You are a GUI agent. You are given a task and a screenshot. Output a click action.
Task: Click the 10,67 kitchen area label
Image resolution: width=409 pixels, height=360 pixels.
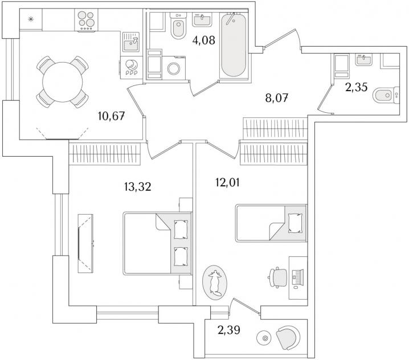(112, 116)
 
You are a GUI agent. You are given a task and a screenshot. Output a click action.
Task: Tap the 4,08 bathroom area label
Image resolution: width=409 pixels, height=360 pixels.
(204, 40)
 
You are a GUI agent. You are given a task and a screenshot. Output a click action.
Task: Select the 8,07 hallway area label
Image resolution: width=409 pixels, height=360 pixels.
(277, 99)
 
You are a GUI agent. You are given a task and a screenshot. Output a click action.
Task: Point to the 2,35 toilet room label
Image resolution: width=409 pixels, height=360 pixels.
(357, 87)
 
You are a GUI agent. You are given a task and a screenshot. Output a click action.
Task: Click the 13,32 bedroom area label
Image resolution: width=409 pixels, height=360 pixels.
(138, 187)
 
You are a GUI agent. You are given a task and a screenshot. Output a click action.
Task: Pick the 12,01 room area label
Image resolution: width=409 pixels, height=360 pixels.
(227, 182)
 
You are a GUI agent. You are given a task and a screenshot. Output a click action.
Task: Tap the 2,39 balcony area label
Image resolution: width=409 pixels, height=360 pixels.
(229, 330)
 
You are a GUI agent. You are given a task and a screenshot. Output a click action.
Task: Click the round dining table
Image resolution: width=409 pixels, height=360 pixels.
(62, 82)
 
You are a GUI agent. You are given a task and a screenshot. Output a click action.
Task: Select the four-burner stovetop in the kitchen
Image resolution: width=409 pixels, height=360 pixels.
(87, 21)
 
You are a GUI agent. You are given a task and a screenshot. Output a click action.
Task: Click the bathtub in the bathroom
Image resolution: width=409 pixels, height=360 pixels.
(234, 44)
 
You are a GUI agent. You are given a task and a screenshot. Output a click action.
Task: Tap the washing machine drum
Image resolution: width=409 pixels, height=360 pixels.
(174, 68)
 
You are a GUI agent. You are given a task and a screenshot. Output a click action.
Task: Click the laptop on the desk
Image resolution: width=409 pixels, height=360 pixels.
(298, 277)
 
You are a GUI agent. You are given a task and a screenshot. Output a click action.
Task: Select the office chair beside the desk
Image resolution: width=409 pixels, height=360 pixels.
(277, 277)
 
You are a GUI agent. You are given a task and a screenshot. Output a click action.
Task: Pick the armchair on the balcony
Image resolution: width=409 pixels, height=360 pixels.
(288, 338)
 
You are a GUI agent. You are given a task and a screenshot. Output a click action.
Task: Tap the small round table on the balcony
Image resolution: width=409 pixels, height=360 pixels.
(265, 338)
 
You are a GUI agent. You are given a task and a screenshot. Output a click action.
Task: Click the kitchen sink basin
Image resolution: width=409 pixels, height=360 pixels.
(131, 46)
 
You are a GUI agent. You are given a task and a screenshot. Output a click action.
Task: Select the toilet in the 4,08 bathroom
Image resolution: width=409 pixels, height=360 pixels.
(178, 26)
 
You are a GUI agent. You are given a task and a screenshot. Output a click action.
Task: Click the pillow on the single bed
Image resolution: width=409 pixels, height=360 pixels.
(295, 223)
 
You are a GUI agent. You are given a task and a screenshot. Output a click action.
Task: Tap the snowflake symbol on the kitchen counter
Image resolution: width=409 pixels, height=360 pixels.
(31, 19)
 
